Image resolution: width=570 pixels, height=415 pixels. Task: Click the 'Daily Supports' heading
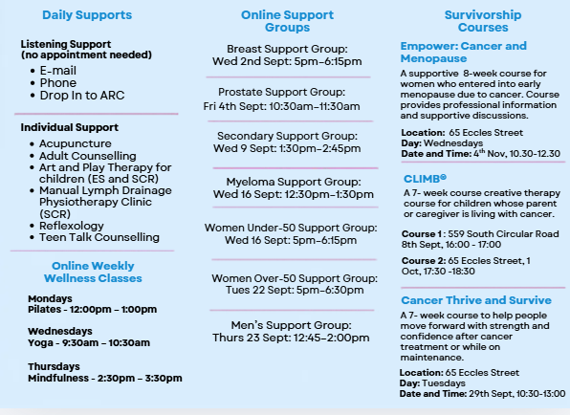(x=87, y=15)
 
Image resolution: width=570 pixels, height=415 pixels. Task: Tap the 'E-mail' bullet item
(x=57, y=70)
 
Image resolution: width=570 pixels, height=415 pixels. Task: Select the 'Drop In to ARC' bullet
(x=82, y=96)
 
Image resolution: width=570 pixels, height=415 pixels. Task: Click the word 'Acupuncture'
(x=76, y=143)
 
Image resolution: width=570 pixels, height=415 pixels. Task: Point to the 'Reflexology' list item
(x=71, y=226)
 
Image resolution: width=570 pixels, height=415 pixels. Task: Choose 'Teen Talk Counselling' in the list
(x=99, y=237)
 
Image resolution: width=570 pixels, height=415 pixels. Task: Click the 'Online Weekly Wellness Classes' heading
(x=93, y=272)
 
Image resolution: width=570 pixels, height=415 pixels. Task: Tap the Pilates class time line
(x=93, y=309)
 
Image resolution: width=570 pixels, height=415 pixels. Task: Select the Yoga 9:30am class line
(x=89, y=342)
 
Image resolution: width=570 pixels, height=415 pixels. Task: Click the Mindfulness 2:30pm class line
(x=105, y=378)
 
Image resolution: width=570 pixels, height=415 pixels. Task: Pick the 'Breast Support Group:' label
(x=287, y=49)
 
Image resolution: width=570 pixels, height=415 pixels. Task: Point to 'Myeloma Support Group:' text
(x=294, y=182)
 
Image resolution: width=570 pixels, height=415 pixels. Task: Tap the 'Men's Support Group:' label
(x=291, y=325)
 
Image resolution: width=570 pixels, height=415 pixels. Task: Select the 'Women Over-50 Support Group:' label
(x=295, y=278)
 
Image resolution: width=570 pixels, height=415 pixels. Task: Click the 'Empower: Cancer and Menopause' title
(x=464, y=52)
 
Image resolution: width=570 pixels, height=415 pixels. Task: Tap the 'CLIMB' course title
(x=425, y=179)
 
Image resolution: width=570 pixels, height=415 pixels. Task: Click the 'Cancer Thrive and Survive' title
(x=476, y=300)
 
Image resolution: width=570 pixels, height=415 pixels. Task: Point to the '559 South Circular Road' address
(x=503, y=233)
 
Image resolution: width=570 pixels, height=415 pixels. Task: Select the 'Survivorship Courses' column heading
(x=483, y=21)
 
